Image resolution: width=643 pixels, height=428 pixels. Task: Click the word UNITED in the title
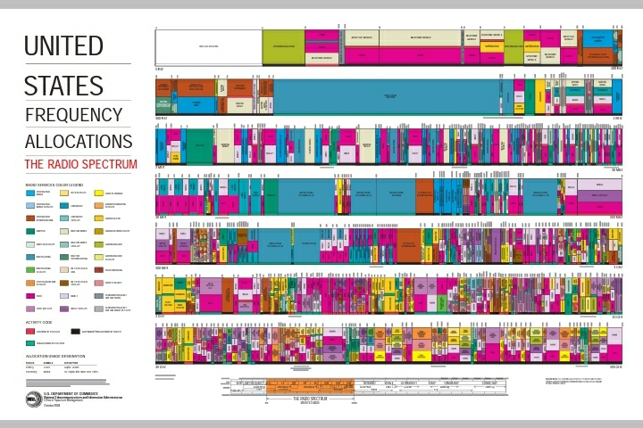tap(63, 46)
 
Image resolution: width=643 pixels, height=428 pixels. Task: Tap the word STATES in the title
tap(63, 86)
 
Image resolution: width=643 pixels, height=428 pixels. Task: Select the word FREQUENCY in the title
tap(73, 115)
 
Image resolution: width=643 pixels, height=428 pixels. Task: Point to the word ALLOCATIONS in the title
tap(79, 142)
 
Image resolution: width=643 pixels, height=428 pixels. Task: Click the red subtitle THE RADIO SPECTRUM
tap(80, 164)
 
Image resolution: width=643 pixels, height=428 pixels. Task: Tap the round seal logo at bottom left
tap(33, 398)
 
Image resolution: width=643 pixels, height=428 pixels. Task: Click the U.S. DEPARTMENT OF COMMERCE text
tap(68, 392)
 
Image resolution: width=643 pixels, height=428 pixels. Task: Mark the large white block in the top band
tap(208, 46)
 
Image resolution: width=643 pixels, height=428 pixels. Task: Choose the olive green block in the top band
tap(283, 46)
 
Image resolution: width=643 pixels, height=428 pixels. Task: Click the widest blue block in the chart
tap(389, 96)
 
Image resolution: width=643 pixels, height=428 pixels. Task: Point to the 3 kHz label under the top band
tap(160, 68)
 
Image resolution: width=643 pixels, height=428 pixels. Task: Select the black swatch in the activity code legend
tap(76, 331)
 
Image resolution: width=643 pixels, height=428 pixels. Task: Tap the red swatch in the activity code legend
tap(30, 331)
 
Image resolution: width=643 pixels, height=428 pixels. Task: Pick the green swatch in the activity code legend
tap(30, 342)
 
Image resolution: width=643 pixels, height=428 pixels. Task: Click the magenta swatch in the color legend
tap(30, 295)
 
